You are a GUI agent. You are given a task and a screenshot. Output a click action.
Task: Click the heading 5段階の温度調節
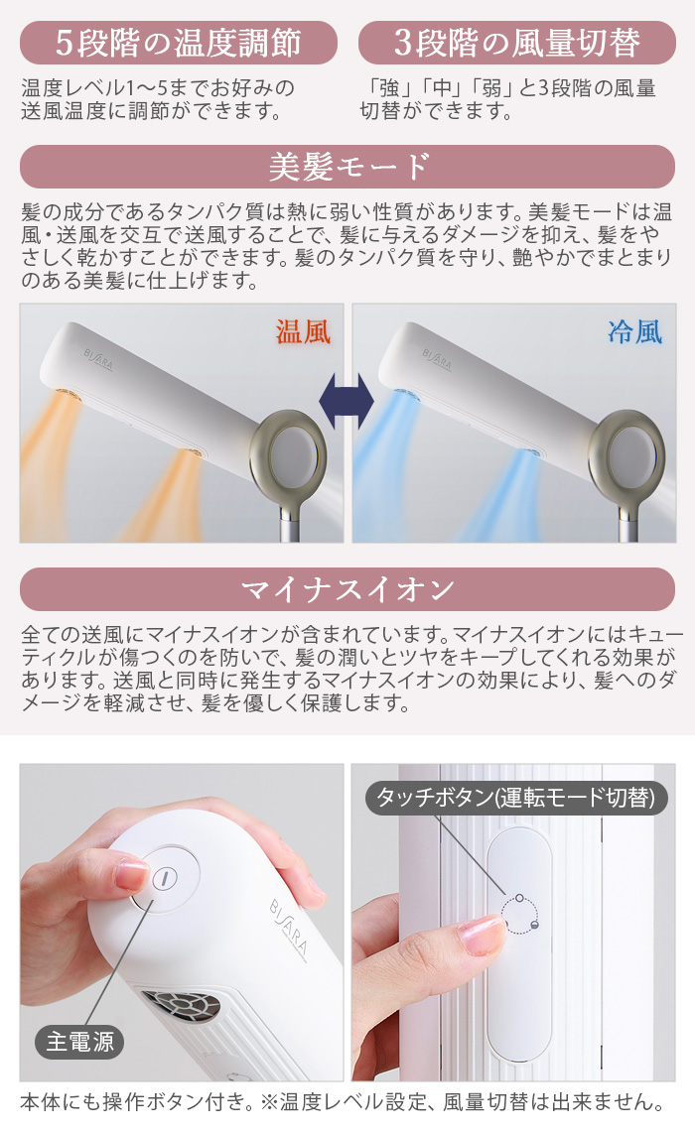click(179, 43)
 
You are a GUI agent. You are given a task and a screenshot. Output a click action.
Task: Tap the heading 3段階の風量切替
click(516, 43)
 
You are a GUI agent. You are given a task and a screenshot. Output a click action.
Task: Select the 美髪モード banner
click(347, 167)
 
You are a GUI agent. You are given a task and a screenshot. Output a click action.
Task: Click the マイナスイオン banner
click(347, 589)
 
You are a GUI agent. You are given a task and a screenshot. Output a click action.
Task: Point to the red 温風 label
click(303, 332)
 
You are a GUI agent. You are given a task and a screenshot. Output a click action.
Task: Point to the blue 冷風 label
click(634, 332)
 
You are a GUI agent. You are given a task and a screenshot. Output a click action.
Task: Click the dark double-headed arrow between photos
click(347, 401)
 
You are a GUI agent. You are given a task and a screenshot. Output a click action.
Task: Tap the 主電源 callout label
click(79, 1042)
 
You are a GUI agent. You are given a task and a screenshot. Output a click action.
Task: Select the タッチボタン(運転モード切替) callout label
click(516, 797)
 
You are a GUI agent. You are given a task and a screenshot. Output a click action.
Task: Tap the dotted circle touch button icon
click(520, 914)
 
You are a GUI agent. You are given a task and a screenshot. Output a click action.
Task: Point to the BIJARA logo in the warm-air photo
click(98, 359)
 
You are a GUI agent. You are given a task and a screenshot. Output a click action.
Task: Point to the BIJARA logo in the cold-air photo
click(437, 359)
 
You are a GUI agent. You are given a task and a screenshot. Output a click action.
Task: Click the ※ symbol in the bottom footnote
click(268, 1102)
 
